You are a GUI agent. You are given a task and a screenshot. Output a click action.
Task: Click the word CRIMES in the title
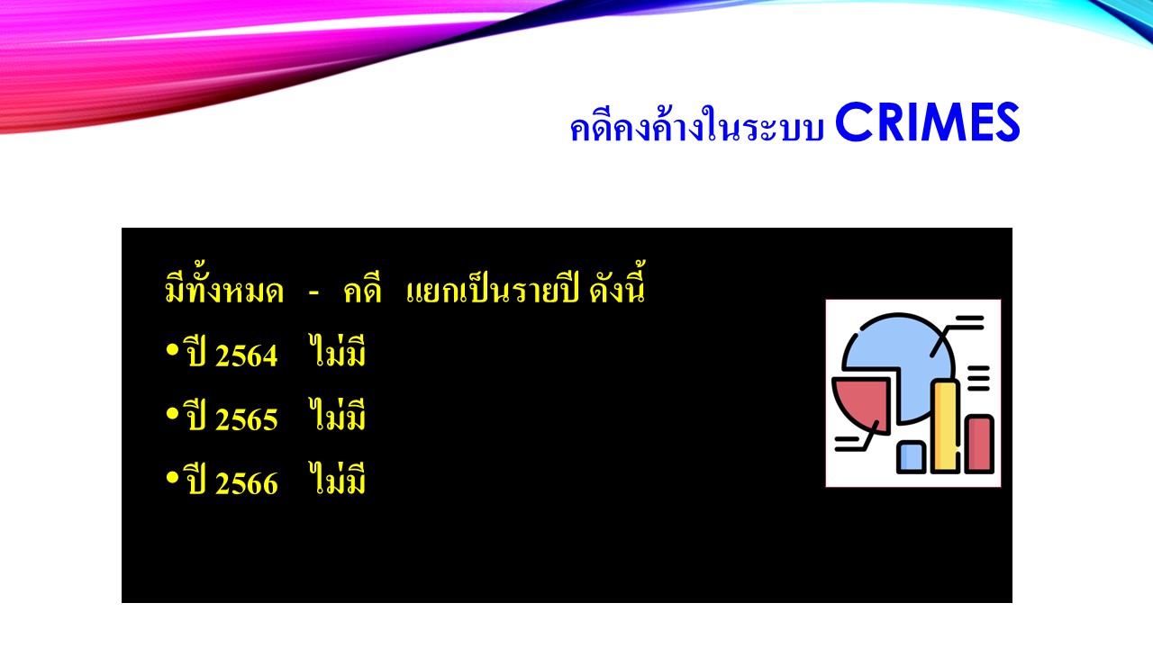click(927, 124)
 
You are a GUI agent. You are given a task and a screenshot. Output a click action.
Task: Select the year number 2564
click(247, 356)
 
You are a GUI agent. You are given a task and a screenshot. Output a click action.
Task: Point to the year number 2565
click(247, 420)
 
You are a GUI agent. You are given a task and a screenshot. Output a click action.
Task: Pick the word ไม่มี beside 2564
click(337, 353)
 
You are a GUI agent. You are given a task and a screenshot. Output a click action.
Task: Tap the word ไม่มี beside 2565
click(337, 417)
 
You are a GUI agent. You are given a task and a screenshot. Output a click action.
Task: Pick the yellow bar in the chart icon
click(945, 427)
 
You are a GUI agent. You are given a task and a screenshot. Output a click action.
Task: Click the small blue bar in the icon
click(911, 456)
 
